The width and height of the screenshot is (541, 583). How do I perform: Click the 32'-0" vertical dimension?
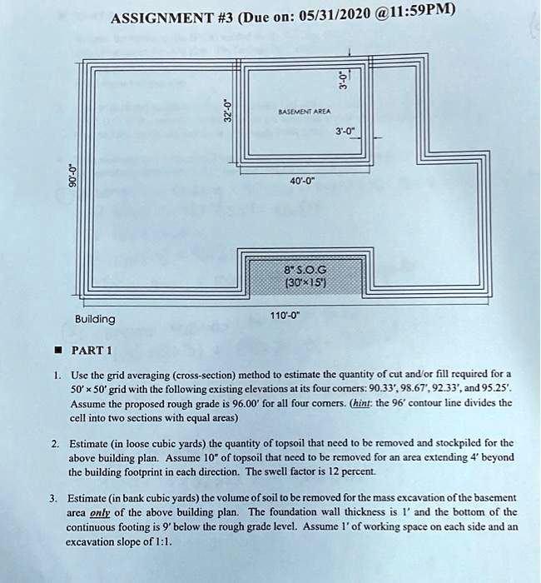tap(226, 109)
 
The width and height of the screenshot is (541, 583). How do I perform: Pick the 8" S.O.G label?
tap(302, 270)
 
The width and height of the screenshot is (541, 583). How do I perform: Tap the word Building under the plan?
tap(95, 320)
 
